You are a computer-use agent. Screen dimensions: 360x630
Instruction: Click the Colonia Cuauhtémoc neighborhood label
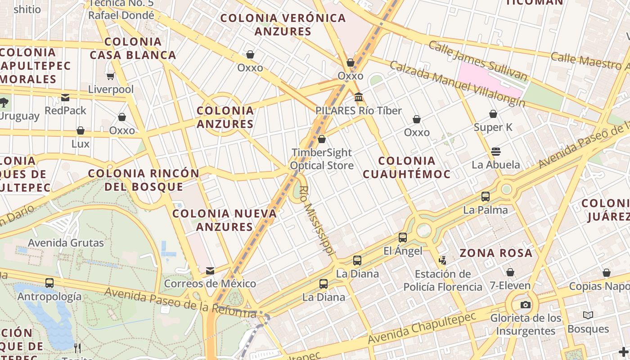pyautogui.click(x=406, y=167)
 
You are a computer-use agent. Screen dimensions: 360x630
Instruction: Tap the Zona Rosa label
pyautogui.click(x=496, y=253)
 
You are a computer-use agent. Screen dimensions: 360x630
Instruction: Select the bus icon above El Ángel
pyautogui.click(x=403, y=237)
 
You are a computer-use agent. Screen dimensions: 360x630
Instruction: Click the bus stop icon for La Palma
pyautogui.click(x=486, y=196)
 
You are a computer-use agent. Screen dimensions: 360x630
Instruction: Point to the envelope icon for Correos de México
pyautogui.click(x=210, y=270)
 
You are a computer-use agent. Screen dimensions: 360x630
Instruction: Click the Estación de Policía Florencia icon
pyautogui.click(x=443, y=260)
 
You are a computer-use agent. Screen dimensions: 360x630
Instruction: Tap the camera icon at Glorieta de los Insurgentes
pyautogui.click(x=525, y=305)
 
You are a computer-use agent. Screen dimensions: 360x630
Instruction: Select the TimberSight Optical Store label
pyautogui.click(x=322, y=159)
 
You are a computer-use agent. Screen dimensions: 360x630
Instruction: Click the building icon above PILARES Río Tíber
pyautogui.click(x=359, y=97)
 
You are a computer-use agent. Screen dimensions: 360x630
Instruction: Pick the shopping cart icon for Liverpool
pyautogui.click(x=111, y=76)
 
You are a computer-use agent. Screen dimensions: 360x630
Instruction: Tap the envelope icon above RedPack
pyautogui.click(x=66, y=97)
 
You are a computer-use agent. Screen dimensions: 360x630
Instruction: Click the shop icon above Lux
pyautogui.click(x=81, y=130)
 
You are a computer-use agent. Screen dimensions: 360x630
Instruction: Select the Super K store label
pyautogui.click(x=493, y=127)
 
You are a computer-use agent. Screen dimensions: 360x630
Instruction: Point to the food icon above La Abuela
pyautogui.click(x=496, y=151)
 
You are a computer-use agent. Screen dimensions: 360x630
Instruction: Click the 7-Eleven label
pyautogui.click(x=510, y=286)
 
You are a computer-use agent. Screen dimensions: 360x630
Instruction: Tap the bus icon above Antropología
pyautogui.click(x=49, y=283)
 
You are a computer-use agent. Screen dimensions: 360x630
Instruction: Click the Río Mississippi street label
pyautogui.click(x=317, y=221)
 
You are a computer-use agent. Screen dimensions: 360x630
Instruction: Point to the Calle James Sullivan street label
pyautogui.click(x=477, y=61)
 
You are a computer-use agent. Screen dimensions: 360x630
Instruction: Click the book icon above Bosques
pyautogui.click(x=588, y=315)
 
